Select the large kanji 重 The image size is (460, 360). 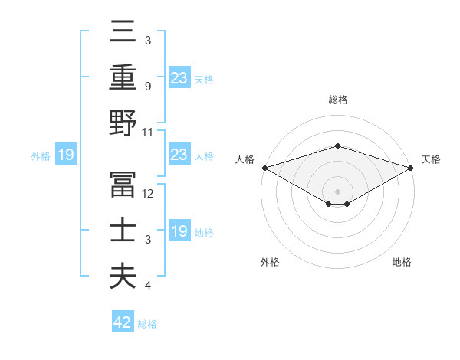pos(123,77)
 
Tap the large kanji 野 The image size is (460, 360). pos(123,123)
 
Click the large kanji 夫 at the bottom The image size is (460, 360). pos(123,276)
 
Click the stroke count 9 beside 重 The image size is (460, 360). pos(148,87)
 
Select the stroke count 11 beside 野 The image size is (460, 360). pos(149,132)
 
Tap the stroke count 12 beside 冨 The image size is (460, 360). pos(149,194)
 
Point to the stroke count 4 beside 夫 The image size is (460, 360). pos(148,286)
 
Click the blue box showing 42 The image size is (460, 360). pos(123,322)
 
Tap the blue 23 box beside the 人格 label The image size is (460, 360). pos(179,155)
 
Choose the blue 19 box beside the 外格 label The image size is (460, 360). pos(65,155)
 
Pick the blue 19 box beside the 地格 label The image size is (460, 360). pos(179,231)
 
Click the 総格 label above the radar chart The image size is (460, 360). pos(337,100)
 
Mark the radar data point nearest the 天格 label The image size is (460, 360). pos(411,168)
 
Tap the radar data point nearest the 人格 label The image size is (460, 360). pos(264,168)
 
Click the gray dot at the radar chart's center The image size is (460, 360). pos(337,191)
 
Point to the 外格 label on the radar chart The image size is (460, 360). pos(270,262)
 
